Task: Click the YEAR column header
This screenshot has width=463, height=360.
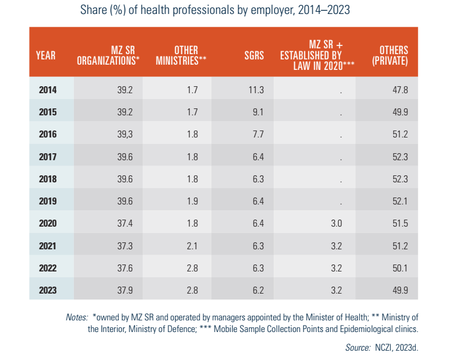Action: tap(45, 56)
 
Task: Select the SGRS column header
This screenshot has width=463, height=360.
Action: tap(254, 56)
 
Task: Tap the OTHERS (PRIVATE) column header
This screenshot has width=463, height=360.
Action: tap(390, 56)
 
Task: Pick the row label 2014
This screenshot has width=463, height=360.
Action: tap(48, 90)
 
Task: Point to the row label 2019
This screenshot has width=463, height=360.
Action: tap(48, 200)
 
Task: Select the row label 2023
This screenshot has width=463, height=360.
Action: tap(48, 290)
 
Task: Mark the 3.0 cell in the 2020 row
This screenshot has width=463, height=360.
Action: tap(335, 223)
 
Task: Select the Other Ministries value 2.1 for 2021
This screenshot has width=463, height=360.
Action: tap(192, 245)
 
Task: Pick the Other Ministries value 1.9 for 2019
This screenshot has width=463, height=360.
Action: tap(192, 200)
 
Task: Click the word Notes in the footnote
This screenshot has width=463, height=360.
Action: tap(77, 317)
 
